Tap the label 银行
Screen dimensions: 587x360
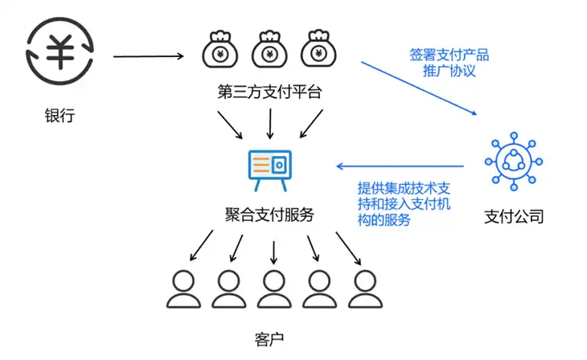[60, 115]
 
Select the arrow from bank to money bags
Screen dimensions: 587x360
[148, 56]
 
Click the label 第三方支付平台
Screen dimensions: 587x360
[269, 92]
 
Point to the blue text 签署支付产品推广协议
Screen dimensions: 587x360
[449, 63]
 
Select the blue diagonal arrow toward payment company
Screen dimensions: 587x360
[419, 88]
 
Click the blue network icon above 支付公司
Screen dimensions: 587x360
[514, 162]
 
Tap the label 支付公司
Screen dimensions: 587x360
[514, 216]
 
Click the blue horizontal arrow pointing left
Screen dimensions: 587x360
[400, 166]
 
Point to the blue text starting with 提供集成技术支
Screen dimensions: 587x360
[404, 204]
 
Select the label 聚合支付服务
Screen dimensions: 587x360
[269, 215]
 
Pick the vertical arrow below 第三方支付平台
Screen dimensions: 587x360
[270, 124]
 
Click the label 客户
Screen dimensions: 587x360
[269, 339]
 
